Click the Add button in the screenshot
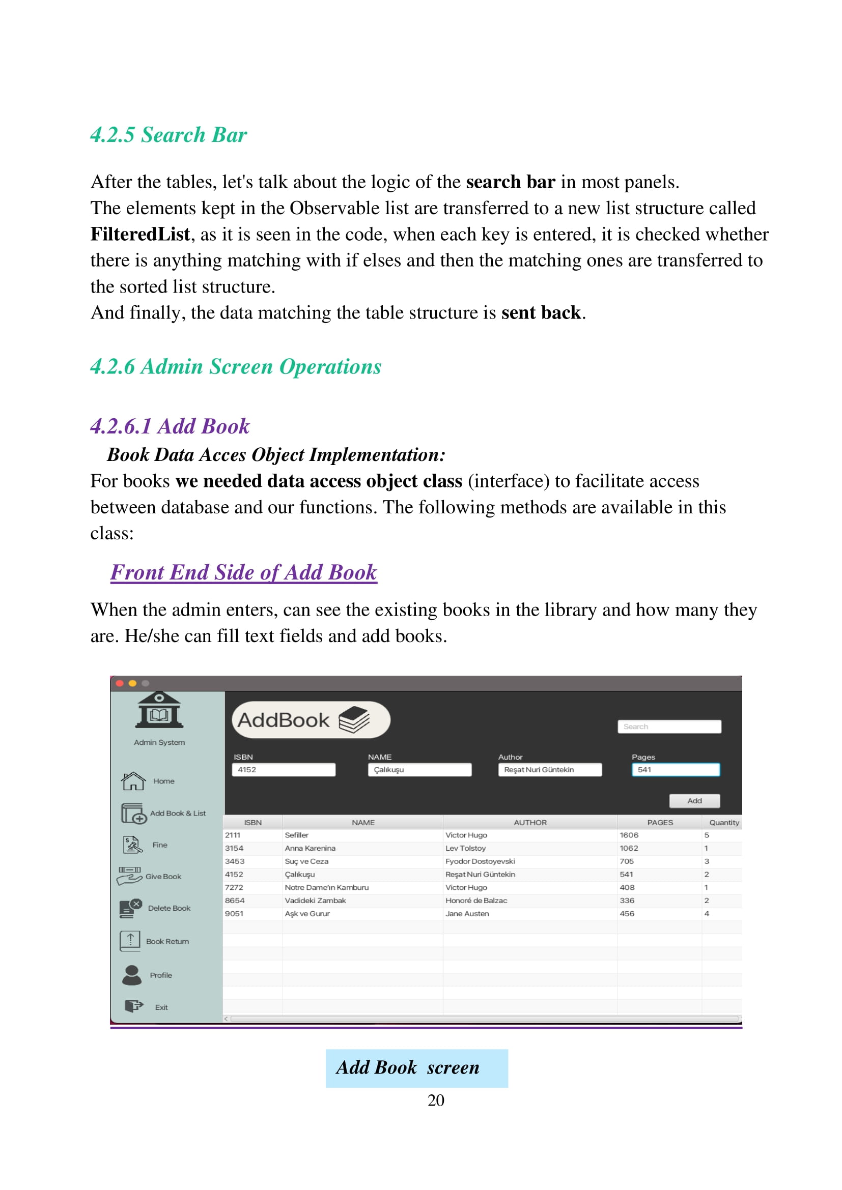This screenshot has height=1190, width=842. coord(694,801)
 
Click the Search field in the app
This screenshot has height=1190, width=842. coord(669,727)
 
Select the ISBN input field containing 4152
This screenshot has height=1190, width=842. coord(283,770)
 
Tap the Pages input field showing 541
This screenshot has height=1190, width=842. coord(675,770)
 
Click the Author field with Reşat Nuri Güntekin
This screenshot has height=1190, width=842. coord(549,770)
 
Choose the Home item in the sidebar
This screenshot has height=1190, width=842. coord(163,781)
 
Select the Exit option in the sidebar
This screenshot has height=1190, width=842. coord(161,1007)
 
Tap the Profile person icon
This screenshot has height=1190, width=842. coord(132,975)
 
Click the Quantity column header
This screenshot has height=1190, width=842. coord(724,823)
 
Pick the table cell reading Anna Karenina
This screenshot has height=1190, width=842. coord(310,848)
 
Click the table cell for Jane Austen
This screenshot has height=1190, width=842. coord(467,913)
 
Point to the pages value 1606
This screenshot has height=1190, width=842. coord(628,835)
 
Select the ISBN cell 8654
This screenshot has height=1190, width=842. coord(234,901)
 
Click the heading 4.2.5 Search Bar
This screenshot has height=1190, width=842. coord(169,135)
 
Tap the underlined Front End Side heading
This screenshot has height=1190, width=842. coord(244,572)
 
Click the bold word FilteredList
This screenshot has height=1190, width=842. coord(140,234)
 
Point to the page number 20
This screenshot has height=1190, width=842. coord(436,1100)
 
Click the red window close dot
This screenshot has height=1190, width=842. coord(119,683)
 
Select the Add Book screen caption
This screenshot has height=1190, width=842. coord(408,1068)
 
